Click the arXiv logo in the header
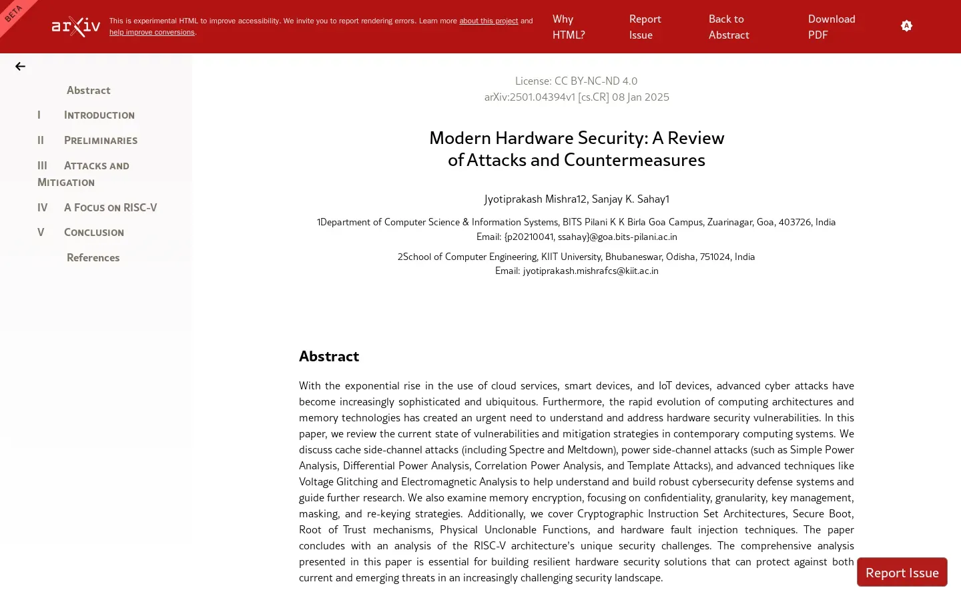pos(76,27)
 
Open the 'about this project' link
pos(488,21)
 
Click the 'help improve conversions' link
pos(152,33)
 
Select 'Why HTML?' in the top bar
pos(569,27)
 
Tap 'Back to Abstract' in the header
pos(729,27)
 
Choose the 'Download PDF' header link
pos(831,27)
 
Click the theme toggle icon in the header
pos(906,26)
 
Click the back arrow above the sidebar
pos(21,67)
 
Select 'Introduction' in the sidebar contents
pos(99,115)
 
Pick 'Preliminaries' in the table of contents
pos(100,141)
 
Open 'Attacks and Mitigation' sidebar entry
pos(96,166)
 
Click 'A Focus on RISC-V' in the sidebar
pos(110,208)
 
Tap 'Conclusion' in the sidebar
pos(93,233)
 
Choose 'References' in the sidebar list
pos(93,258)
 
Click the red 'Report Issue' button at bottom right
pos(902,573)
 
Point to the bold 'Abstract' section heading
pos(329,357)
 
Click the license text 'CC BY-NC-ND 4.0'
pos(595,81)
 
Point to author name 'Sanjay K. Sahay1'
pos(630,199)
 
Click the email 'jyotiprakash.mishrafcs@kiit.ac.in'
pos(591,271)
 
